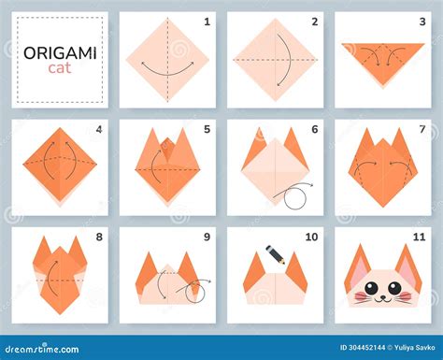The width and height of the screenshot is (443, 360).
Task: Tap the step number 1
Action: (x=207, y=21)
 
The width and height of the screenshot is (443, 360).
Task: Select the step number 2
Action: (x=314, y=21)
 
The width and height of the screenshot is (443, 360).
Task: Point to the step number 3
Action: (x=422, y=21)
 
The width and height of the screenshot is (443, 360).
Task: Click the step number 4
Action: (x=98, y=128)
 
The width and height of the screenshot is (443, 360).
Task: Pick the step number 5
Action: (x=207, y=128)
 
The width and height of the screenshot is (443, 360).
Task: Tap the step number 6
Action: (x=314, y=128)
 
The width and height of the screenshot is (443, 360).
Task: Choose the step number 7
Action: (x=422, y=128)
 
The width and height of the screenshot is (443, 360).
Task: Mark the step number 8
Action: (x=98, y=237)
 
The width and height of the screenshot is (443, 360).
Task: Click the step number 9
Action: (x=207, y=237)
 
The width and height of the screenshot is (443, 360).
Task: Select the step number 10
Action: (x=312, y=237)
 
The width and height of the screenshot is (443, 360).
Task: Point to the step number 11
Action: (x=420, y=237)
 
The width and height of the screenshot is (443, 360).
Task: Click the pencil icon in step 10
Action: (x=275, y=253)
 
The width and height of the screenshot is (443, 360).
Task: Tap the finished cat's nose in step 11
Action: (x=383, y=295)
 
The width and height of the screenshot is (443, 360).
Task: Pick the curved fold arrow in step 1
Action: (x=167, y=66)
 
